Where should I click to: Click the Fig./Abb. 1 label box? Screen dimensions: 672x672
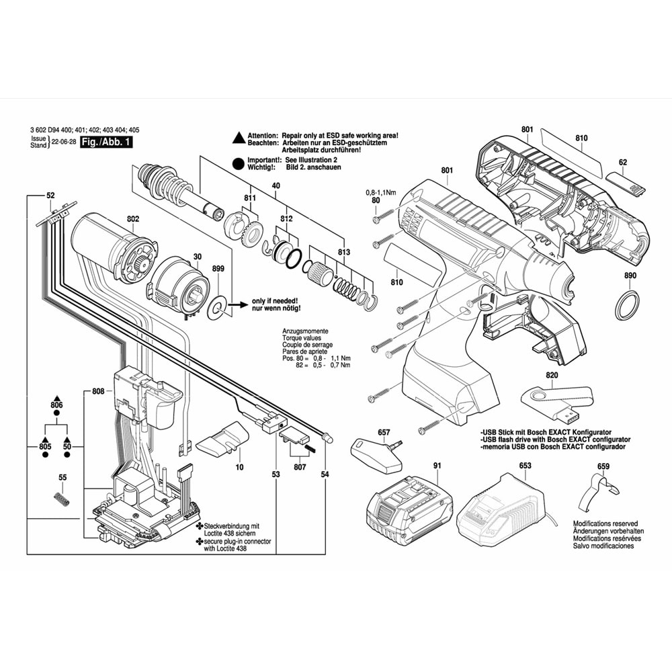[106, 142]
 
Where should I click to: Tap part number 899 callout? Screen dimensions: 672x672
[218, 268]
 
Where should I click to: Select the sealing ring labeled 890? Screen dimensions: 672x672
[627, 306]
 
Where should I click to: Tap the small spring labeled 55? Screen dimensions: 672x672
[62, 499]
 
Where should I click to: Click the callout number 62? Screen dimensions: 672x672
[623, 163]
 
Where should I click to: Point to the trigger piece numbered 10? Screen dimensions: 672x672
[222, 439]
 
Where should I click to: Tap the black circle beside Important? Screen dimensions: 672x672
[238, 163]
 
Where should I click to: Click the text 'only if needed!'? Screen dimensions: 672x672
[275, 301]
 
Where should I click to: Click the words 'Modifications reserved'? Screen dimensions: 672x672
[605, 523]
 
